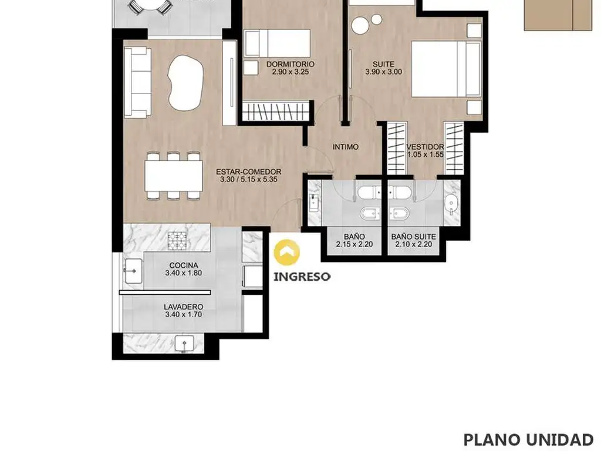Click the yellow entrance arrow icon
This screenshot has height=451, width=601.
[286, 253]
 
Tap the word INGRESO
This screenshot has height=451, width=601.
[302, 277]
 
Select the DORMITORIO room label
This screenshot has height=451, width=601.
[290, 64]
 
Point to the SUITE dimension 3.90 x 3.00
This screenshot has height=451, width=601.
[383, 72]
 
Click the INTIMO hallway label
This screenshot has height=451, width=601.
[345, 147]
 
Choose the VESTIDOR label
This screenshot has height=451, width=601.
[425, 147]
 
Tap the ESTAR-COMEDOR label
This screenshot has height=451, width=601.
[248, 172]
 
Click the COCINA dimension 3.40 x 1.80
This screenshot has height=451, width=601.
[184, 273]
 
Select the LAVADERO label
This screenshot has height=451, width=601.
[183, 307]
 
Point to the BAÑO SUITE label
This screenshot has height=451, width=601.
[413, 237]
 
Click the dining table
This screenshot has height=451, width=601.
[174, 176]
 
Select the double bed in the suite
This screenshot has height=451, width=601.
[446, 69]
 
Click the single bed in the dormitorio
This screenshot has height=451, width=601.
[277, 43]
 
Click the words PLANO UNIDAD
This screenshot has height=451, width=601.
[528, 440]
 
